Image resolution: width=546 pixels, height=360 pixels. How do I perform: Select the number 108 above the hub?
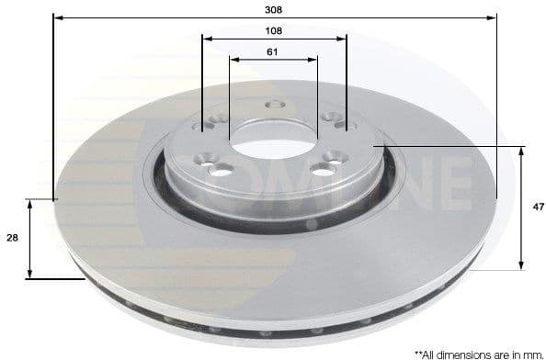point(273,30)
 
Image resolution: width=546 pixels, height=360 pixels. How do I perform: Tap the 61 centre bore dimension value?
point(273,51)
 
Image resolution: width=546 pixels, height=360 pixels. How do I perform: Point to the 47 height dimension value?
point(538,208)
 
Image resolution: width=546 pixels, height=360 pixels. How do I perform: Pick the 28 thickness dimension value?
point(12,238)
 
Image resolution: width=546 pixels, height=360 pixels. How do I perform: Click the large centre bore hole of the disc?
point(273,138)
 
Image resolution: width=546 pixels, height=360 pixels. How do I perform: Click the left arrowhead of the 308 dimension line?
point(57,17)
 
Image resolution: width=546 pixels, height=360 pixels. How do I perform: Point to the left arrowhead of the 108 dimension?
point(206,39)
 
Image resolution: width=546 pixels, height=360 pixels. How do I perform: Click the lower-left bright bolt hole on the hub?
point(223,169)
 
